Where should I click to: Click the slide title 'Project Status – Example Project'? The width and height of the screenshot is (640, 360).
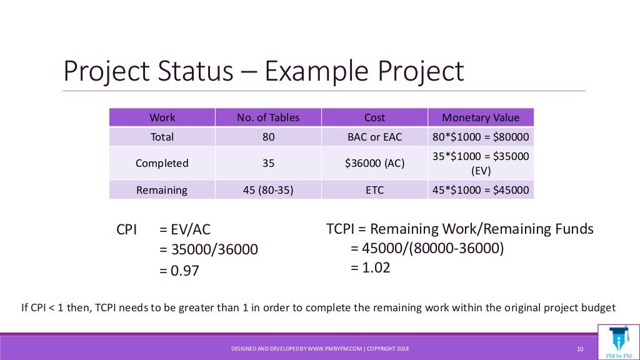(263, 71)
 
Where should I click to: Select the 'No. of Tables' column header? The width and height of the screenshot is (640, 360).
(268, 117)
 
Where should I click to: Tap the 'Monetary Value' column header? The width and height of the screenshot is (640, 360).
(480, 117)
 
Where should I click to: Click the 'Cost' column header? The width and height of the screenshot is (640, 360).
(374, 117)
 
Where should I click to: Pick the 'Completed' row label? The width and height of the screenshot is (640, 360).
(162, 163)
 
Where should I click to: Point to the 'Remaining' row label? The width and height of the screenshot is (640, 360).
(162, 190)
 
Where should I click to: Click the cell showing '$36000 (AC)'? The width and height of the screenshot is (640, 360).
(374, 163)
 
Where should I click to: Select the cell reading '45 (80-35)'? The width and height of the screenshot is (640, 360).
(268, 190)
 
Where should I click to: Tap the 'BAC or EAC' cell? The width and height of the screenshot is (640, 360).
(374, 136)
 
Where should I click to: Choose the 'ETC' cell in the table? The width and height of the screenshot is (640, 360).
(374, 190)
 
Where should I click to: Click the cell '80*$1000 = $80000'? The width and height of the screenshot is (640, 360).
(480, 136)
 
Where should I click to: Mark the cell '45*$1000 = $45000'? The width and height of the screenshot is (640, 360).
(480, 190)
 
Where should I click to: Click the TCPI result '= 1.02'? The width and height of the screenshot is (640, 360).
(371, 267)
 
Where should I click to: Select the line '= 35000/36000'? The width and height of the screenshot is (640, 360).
(208, 249)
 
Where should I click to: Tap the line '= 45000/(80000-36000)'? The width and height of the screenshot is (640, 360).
(427, 248)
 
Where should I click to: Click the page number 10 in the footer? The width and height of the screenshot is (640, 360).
(579, 348)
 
